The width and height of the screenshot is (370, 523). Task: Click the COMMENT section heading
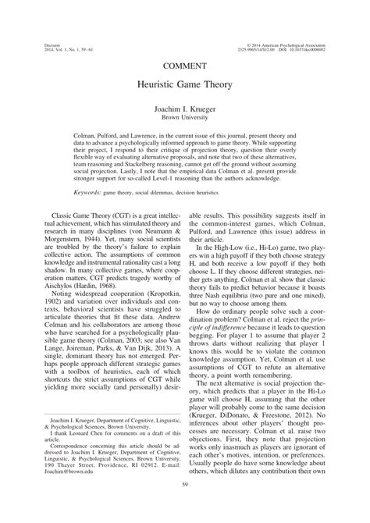coord(184,64)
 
